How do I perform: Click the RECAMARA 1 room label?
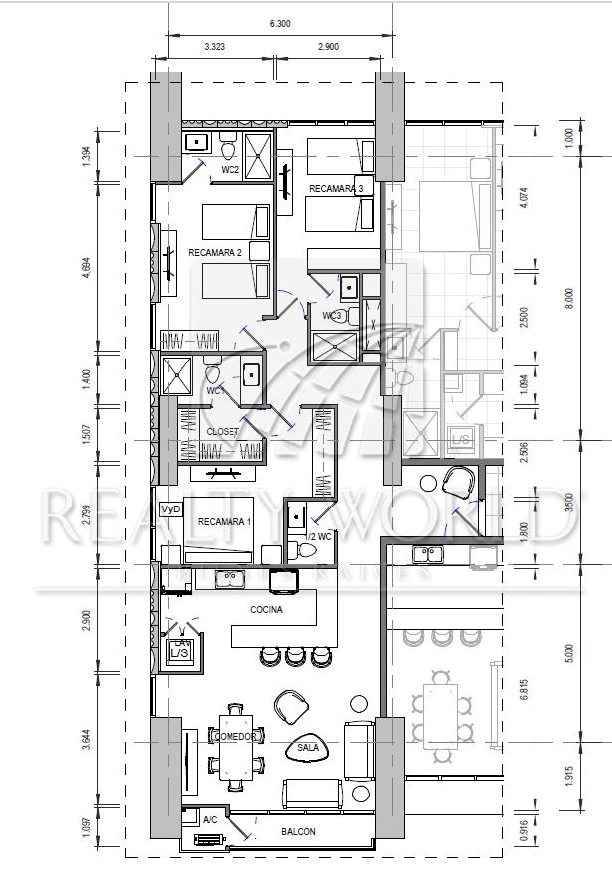226,522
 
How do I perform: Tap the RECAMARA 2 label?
216,253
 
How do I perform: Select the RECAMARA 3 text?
336,188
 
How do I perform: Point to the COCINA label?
267,610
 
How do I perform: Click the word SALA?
307,746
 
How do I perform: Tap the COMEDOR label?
235,737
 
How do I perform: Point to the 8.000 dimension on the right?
568,295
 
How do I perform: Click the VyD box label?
171,508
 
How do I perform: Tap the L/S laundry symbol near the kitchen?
179,654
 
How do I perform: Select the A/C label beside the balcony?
210,821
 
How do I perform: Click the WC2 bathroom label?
230,170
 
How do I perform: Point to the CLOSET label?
222,432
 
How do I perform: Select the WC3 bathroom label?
332,316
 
